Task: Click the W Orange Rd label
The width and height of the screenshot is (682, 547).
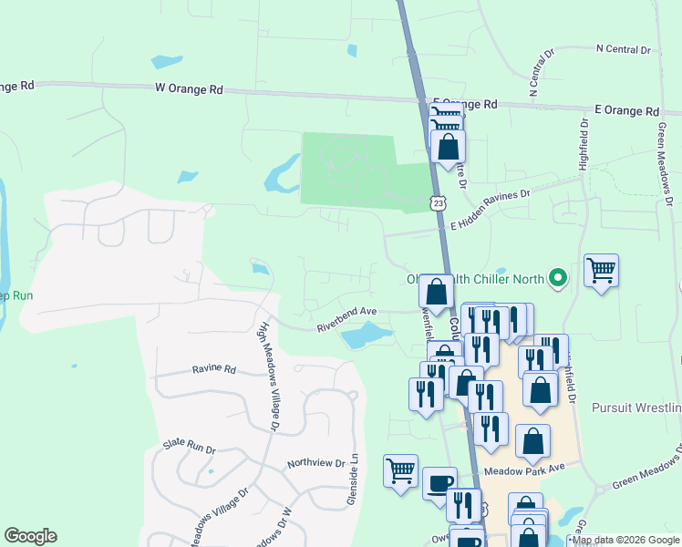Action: (190, 89)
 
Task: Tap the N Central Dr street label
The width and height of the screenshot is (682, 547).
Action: (622, 48)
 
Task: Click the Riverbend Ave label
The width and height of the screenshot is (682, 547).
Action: (346, 317)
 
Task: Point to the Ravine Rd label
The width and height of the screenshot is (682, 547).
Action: (214, 370)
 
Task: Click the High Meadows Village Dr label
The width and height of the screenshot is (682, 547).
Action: (270, 374)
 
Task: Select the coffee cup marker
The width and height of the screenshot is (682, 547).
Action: (440, 481)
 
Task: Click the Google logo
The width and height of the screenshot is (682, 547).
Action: (30, 536)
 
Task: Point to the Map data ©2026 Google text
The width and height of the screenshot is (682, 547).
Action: (625, 541)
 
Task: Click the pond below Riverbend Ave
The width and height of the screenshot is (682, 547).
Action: (365, 337)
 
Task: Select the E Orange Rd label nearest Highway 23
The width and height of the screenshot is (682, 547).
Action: (465, 104)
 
